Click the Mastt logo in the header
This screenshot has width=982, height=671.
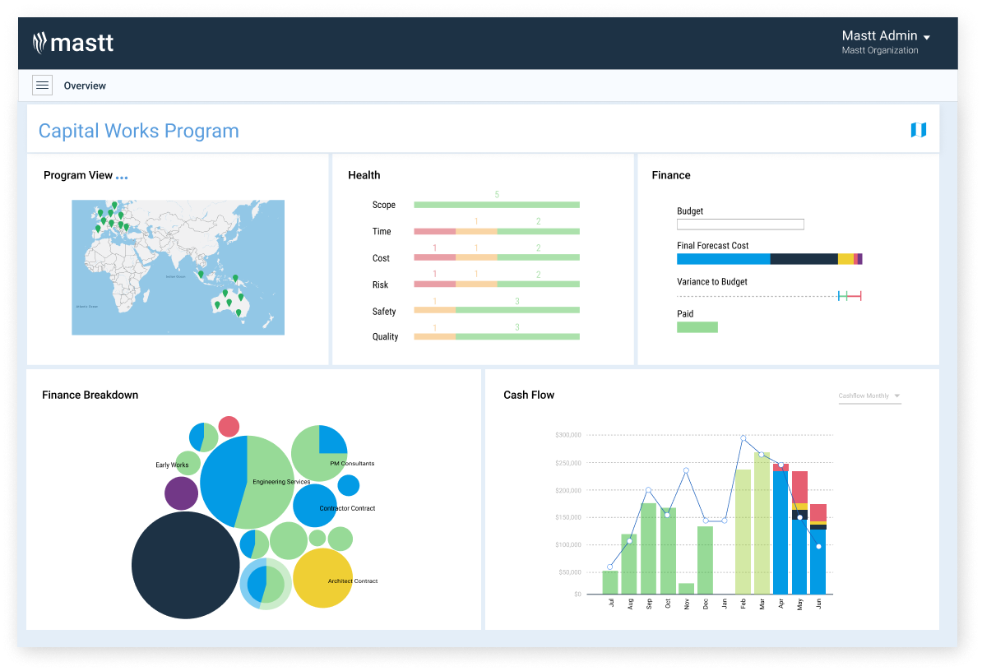[x=73, y=43]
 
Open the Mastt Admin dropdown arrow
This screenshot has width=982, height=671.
[x=927, y=38]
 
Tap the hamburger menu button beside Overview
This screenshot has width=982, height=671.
[x=42, y=86]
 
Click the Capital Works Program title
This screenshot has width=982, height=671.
[x=138, y=131]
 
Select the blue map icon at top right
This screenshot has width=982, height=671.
[x=918, y=130]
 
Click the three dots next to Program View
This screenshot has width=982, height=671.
[x=122, y=177]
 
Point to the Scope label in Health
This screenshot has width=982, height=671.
[x=383, y=205]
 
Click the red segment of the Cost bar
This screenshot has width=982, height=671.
[x=434, y=258]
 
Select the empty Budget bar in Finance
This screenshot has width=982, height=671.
[x=740, y=224]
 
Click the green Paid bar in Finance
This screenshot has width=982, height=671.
[x=697, y=327]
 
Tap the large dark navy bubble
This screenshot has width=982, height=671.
[x=186, y=565]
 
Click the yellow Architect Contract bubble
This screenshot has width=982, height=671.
[x=322, y=578]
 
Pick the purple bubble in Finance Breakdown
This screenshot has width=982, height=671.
[x=181, y=493]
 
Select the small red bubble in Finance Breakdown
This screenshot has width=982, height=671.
[x=229, y=426]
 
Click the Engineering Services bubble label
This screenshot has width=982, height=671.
[x=281, y=482]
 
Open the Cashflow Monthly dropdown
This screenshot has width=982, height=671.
[x=869, y=396]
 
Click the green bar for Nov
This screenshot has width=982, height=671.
[x=686, y=588]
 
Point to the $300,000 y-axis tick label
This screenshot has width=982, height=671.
[x=567, y=434]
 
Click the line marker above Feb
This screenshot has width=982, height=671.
[x=743, y=438]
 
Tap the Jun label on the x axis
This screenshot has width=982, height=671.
[x=818, y=603]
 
